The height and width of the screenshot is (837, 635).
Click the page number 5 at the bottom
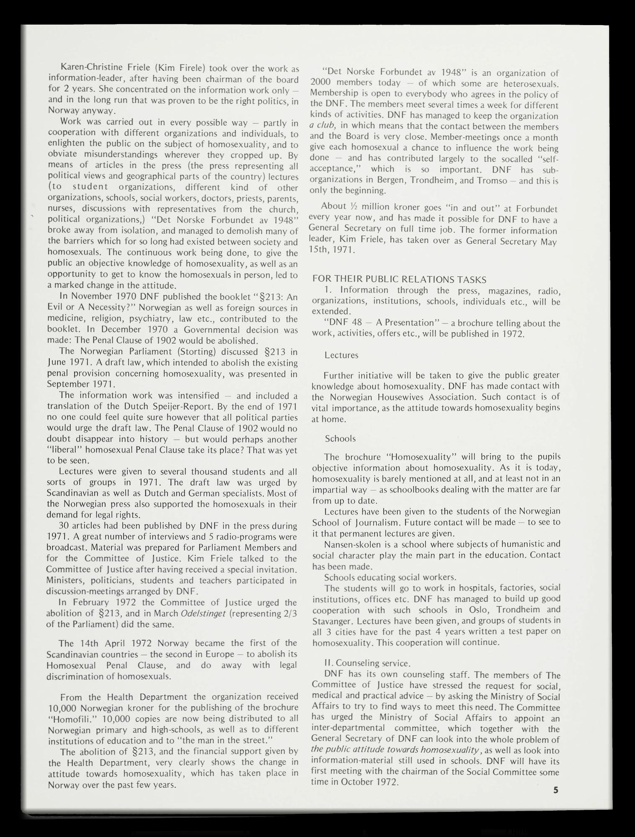[x=555, y=791]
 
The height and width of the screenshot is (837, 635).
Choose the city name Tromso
[x=496, y=180]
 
